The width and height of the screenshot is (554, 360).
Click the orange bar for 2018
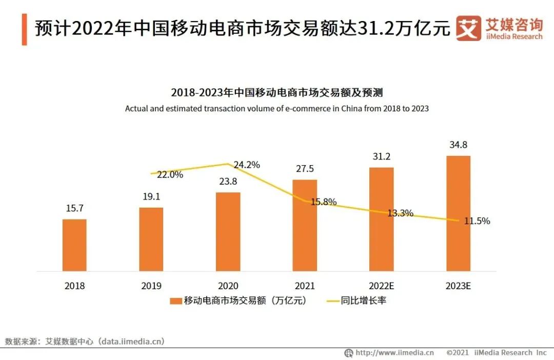[x=74, y=245]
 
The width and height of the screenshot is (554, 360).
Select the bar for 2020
[x=228, y=231]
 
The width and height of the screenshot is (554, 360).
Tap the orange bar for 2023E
[x=458, y=213]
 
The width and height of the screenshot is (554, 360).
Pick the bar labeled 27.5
[x=305, y=225]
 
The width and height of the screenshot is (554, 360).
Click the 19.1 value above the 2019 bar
[x=151, y=196]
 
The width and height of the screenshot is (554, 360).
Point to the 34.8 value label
[x=458, y=145]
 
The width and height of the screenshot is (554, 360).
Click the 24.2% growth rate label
[x=247, y=165]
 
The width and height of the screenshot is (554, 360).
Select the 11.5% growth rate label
[x=477, y=222]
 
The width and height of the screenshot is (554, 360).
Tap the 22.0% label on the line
[x=170, y=175]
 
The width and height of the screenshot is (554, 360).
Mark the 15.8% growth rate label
[x=324, y=202]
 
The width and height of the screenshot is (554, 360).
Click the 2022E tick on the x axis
[x=382, y=286]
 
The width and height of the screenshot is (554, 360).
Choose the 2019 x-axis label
[x=151, y=286]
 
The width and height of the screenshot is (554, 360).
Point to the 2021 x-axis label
[x=305, y=286]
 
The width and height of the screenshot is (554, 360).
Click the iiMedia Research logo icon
[x=467, y=28]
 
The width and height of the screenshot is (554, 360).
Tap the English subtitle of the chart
[x=277, y=109]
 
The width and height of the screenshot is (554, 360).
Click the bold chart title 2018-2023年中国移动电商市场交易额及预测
[x=277, y=93]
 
